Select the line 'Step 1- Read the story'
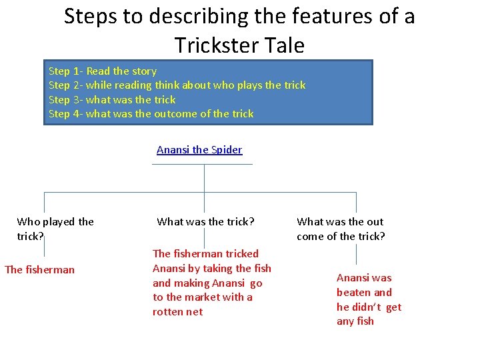103,71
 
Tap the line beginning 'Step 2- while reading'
177,85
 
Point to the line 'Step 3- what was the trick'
112,100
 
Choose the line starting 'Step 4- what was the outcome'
151,114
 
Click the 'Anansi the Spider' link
199,150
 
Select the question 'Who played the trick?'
55,229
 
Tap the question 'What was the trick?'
205,222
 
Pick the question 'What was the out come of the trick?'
341,229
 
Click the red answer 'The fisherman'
39,270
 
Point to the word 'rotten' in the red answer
168,312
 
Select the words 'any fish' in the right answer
355,321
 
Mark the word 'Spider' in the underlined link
227,150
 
